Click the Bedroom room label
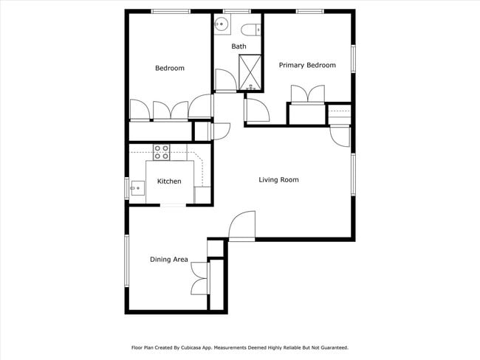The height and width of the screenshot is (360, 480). pyautogui.click(x=169, y=69)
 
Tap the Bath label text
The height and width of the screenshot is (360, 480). pyautogui.click(x=239, y=46)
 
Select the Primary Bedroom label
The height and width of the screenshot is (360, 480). pyautogui.click(x=307, y=66)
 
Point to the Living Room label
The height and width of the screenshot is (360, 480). pyautogui.click(x=278, y=180)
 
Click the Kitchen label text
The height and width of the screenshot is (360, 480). pyautogui.click(x=169, y=181)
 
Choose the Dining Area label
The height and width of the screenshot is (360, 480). pyautogui.click(x=169, y=260)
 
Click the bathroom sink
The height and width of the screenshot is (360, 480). pyautogui.click(x=221, y=27)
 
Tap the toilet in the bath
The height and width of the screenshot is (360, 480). pyautogui.click(x=250, y=29)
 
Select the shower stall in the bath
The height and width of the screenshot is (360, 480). pyautogui.click(x=250, y=72)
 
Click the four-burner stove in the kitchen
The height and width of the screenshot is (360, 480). pyautogui.click(x=162, y=152)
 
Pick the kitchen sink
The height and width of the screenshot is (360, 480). pyautogui.click(x=136, y=189)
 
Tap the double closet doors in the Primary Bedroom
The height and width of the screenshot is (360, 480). pyautogui.click(x=308, y=95)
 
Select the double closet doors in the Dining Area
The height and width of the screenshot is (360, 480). pyautogui.click(x=199, y=278)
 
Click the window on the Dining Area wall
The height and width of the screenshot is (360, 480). pyautogui.click(x=126, y=260)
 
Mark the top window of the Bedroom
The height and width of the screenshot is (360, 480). pyautogui.click(x=171, y=11)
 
